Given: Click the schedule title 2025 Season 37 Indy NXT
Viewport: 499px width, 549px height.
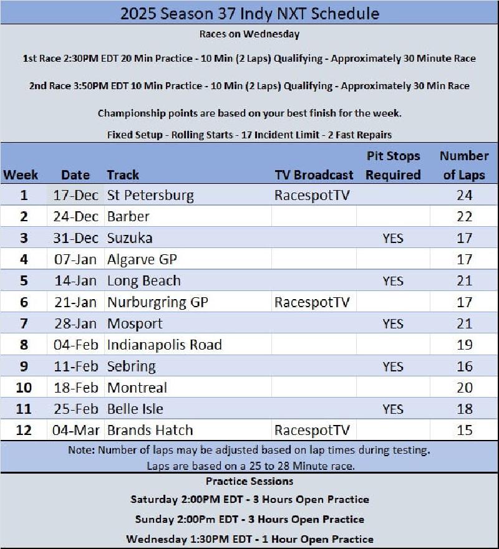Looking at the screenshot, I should click(x=249, y=13).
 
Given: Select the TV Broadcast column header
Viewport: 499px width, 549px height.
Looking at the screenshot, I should click(x=314, y=175).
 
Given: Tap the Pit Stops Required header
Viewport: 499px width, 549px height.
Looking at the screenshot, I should click(x=393, y=165).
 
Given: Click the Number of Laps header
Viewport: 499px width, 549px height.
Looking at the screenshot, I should click(x=464, y=165).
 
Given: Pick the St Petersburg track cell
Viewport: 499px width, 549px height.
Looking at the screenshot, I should click(x=150, y=196).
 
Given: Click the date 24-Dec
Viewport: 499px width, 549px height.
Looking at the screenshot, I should click(x=75, y=217).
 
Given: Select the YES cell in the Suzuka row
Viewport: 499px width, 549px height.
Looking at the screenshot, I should click(x=393, y=238).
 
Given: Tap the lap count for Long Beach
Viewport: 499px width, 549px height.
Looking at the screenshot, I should click(x=464, y=281).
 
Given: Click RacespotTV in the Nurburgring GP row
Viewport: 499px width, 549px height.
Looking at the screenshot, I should click(x=312, y=302).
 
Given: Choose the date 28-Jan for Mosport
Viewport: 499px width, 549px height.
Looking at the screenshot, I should click(x=75, y=323).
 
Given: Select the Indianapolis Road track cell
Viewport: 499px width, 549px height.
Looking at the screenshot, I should click(x=165, y=345).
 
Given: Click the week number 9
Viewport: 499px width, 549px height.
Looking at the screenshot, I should click(x=24, y=366).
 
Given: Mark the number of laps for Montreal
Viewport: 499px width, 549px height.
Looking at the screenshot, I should click(x=464, y=388).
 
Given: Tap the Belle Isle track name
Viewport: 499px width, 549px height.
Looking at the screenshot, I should click(x=135, y=409).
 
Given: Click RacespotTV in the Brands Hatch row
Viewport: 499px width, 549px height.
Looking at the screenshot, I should click(x=312, y=430).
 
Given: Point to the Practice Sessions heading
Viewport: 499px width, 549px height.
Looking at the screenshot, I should click(x=249, y=482).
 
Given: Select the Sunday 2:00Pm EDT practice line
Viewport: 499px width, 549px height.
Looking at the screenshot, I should click(x=249, y=519).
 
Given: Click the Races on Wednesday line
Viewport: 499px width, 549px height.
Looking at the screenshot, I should click(x=249, y=34).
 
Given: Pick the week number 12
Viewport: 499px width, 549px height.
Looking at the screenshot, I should click(x=24, y=430).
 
